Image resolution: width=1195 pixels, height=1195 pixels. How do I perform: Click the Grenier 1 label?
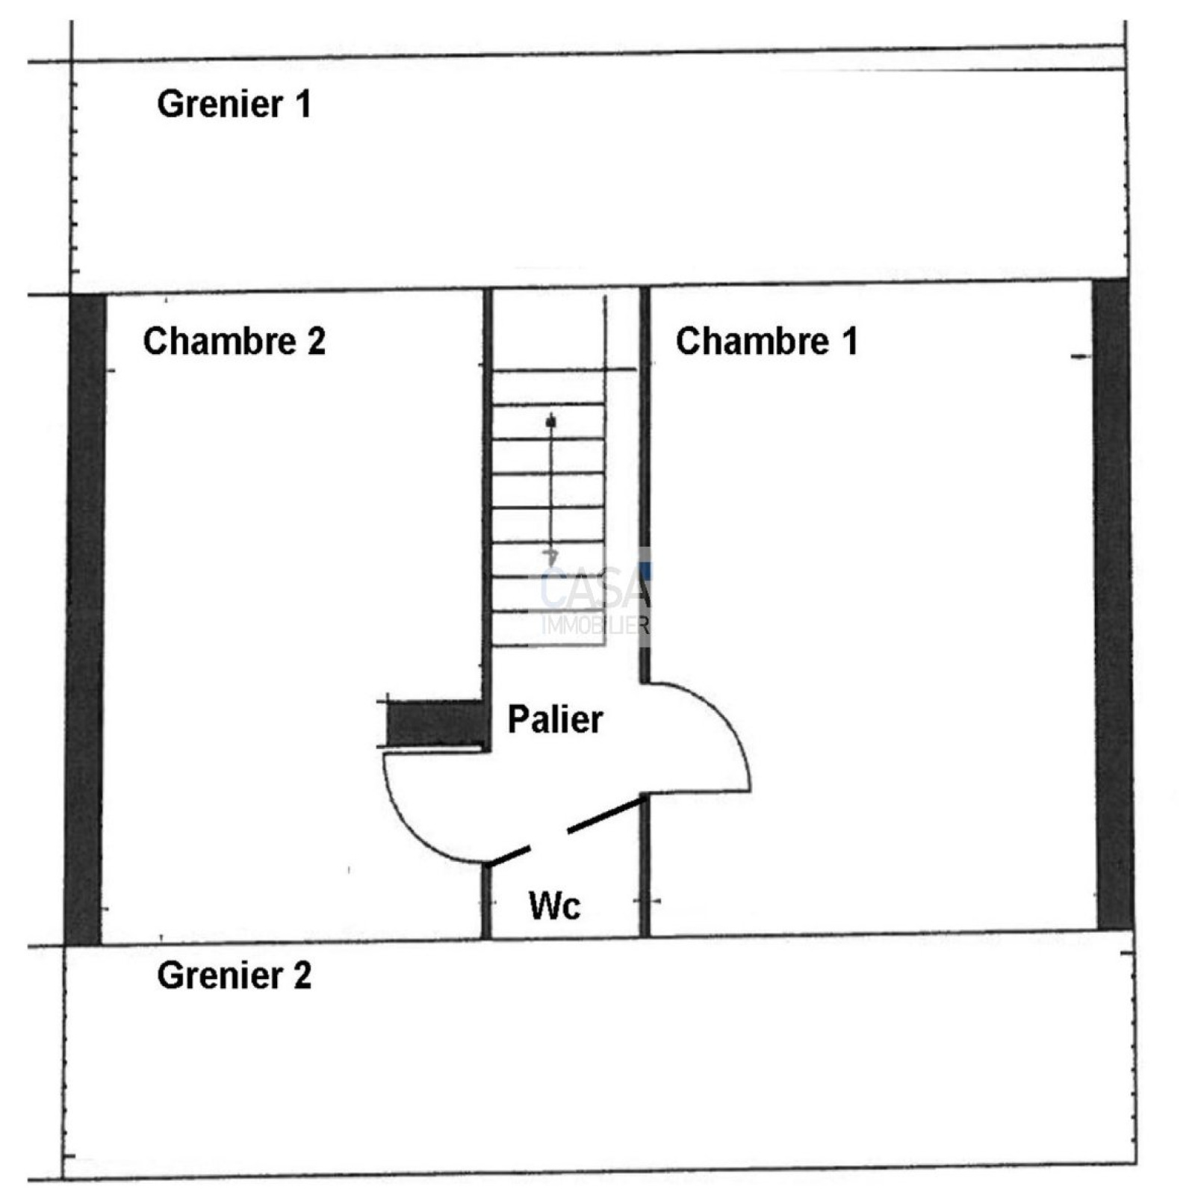click(x=233, y=104)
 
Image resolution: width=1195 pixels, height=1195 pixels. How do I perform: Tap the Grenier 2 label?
click(x=233, y=975)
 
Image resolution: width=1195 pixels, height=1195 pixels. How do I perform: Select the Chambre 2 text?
click(x=234, y=341)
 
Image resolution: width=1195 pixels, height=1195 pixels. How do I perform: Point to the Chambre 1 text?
click(x=766, y=341)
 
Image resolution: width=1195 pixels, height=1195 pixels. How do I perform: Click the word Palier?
click(x=555, y=719)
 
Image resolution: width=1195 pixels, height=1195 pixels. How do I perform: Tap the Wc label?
click(x=554, y=905)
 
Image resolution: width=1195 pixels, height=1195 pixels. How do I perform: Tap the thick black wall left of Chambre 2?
click(x=85, y=620)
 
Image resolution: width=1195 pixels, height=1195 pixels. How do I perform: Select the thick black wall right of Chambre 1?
click(x=1113, y=605)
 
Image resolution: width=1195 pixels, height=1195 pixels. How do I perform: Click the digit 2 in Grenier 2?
click(x=302, y=975)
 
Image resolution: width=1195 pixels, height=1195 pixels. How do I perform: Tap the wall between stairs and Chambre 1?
click(x=645, y=485)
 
